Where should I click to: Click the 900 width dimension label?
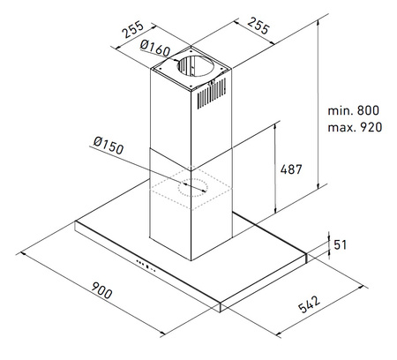coord(101,290)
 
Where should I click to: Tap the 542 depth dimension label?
coord(309,304)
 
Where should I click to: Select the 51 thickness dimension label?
coord(341,244)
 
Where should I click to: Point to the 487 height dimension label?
coord(291,169)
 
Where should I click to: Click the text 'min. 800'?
coord(354,110)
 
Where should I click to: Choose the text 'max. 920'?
coord(355,127)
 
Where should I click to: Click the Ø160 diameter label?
coord(155,48)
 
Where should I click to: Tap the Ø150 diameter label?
coord(109,146)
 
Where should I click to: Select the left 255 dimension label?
coord(133,29)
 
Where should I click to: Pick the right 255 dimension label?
coord(258,26)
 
